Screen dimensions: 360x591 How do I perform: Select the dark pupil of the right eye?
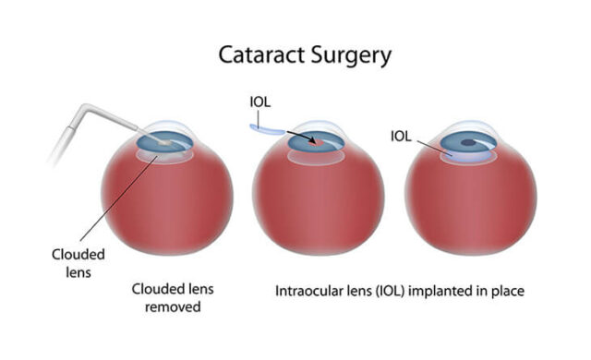click(x=469, y=143)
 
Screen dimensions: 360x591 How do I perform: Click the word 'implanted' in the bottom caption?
click(x=442, y=290)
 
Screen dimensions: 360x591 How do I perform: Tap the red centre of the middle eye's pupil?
click(x=317, y=143)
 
